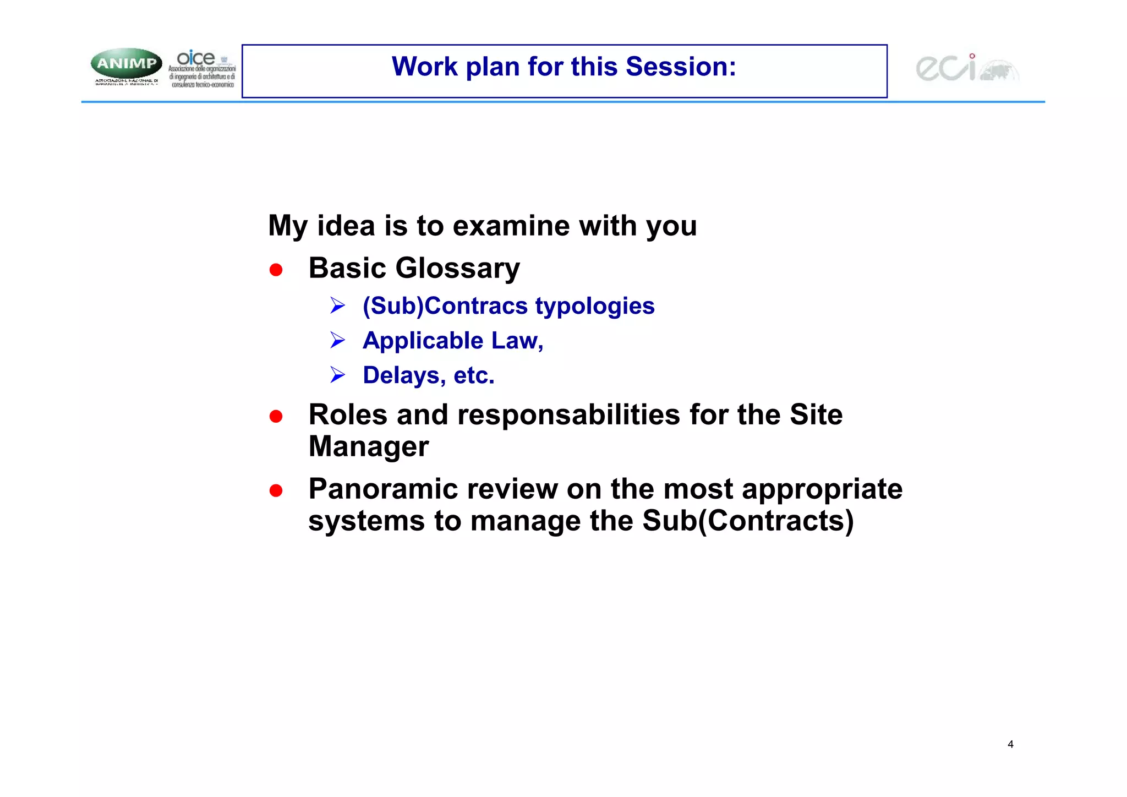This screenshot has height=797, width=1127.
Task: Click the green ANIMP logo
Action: [x=127, y=63]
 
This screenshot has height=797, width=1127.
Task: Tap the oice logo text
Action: [x=196, y=58]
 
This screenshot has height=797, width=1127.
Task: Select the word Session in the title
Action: [x=680, y=67]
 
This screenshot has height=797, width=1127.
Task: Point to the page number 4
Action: [x=1010, y=744]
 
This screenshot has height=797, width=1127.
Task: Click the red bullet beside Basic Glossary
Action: [x=276, y=270]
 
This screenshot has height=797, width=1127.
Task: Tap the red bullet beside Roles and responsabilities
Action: [x=276, y=416]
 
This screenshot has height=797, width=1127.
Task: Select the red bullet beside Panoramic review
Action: [x=276, y=490]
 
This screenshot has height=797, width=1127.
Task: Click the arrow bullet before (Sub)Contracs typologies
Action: [x=337, y=305]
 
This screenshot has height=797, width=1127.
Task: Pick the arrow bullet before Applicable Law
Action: [x=337, y=340]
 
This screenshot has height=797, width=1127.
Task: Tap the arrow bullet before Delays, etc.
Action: [x=337, y=375]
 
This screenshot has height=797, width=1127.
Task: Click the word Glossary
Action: [x=457, y=269]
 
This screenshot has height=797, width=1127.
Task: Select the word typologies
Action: [x=595, y=307]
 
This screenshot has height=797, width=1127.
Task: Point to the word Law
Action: [x=517, y=341]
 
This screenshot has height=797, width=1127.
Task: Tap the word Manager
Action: [x=368, y=446]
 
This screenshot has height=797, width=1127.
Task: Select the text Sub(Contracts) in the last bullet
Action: [x=748, y=521]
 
